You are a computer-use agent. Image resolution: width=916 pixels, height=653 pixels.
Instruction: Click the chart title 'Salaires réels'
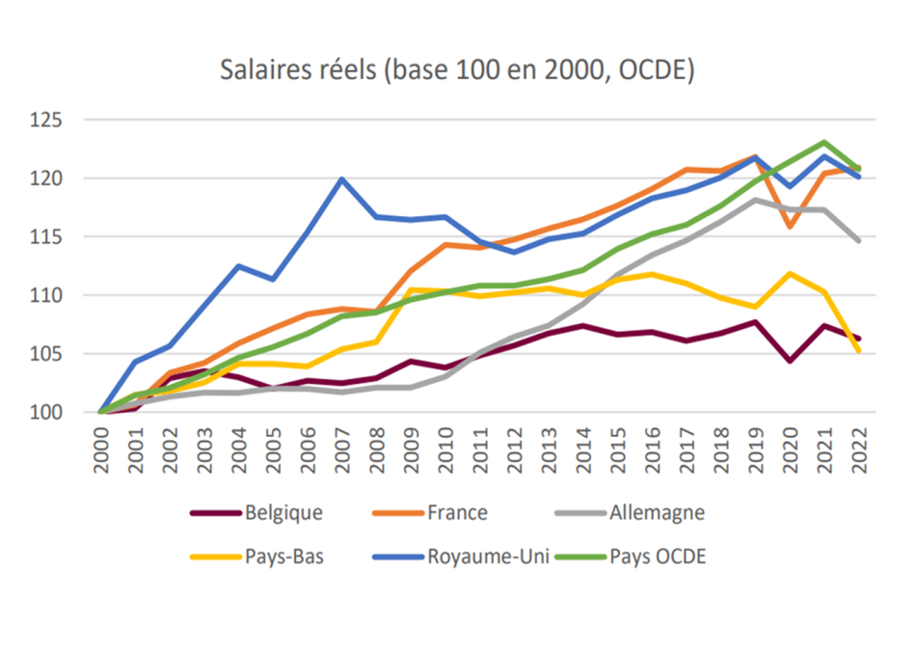coord(298,70)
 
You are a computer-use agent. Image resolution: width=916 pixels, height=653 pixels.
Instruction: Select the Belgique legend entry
coord(257,513)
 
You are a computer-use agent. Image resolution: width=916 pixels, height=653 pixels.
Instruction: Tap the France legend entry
coord(430,513)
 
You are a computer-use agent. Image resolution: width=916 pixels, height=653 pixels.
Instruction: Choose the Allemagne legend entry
coord(630,513)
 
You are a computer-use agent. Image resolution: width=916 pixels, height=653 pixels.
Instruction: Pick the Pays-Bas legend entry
coord(257,556)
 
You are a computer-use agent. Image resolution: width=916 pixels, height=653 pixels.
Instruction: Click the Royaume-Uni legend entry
coord(461,556)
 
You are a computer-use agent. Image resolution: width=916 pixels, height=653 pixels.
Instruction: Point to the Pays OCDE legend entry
coord(631,556)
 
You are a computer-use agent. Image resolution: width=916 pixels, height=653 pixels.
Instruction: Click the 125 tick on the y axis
coord(46,120)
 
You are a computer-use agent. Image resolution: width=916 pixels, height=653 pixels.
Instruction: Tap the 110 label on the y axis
coord(46,295)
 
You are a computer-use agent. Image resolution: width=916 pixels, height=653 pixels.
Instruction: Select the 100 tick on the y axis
coord(46,412)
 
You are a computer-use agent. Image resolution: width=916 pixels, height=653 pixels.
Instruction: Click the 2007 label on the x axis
coord(342,449)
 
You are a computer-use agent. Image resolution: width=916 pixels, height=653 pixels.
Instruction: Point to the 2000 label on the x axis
coord(101,449)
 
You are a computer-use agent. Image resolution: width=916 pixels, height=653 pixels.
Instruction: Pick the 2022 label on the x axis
coord(859,449)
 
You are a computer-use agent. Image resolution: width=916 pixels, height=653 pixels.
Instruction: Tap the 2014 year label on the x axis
coord(583,449)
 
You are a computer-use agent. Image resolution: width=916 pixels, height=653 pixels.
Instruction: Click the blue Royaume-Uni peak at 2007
coord(341,178)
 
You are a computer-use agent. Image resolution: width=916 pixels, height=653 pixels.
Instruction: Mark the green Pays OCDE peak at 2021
coord(824,142)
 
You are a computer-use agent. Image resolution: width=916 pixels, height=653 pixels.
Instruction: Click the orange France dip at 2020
coord(790,227)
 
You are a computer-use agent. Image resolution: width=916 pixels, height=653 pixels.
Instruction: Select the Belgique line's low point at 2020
coord(790,361)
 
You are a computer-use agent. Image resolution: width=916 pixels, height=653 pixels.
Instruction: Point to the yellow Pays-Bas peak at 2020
coord(790,274)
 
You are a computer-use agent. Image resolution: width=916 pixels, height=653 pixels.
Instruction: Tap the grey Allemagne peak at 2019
coord(755,200)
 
